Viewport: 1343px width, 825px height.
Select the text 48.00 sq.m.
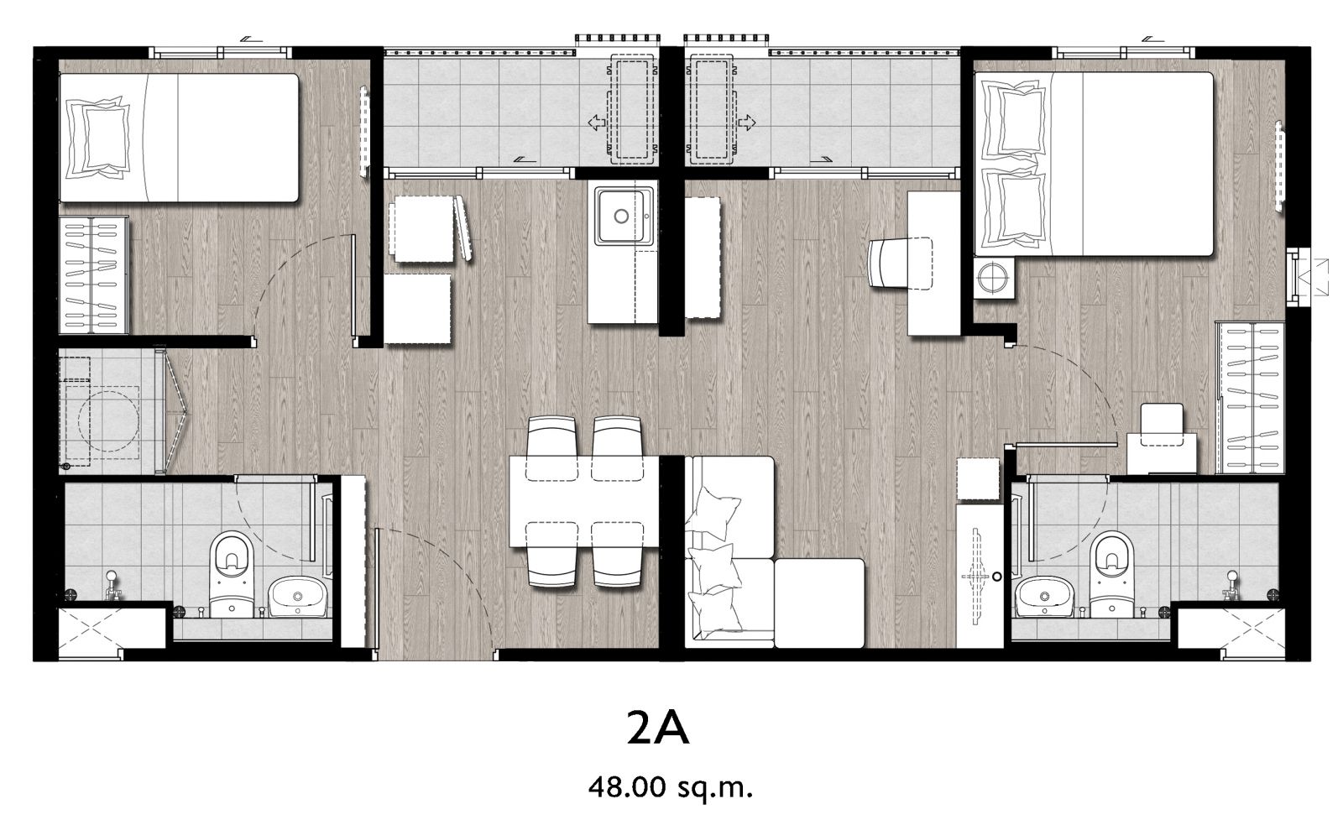click(670, 788)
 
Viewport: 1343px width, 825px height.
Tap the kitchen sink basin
click(624, 216)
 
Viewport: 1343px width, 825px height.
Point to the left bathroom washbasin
click(297, 596)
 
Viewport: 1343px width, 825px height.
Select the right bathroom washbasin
click(1045, 596)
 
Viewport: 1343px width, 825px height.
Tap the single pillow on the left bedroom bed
click(98, 138)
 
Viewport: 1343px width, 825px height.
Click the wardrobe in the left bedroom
click(93, 275)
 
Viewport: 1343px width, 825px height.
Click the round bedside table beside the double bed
click(994, 278)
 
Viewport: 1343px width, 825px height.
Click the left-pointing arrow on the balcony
click(597, 123)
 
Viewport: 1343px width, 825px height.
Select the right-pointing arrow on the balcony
click(746, 123)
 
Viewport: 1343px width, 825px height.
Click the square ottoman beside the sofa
click(819, 603)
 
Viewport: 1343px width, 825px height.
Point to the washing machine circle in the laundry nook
click(108, 422)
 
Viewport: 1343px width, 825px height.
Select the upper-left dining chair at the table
click(552, 447)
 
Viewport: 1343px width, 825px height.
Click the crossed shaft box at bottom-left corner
click(112, 629)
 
